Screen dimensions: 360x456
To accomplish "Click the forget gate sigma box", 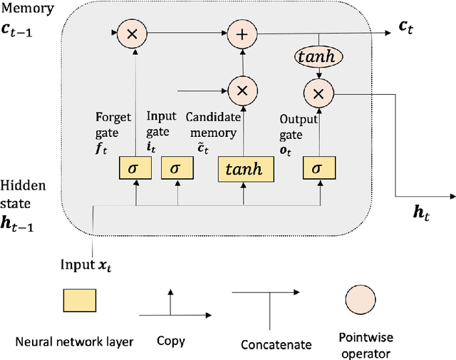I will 135,168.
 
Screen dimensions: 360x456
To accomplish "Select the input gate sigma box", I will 177,168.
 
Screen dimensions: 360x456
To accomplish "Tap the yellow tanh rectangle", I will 244,168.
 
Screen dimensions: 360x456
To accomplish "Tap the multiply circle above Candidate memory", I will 242,90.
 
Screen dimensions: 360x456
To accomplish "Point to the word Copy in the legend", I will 170,341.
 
